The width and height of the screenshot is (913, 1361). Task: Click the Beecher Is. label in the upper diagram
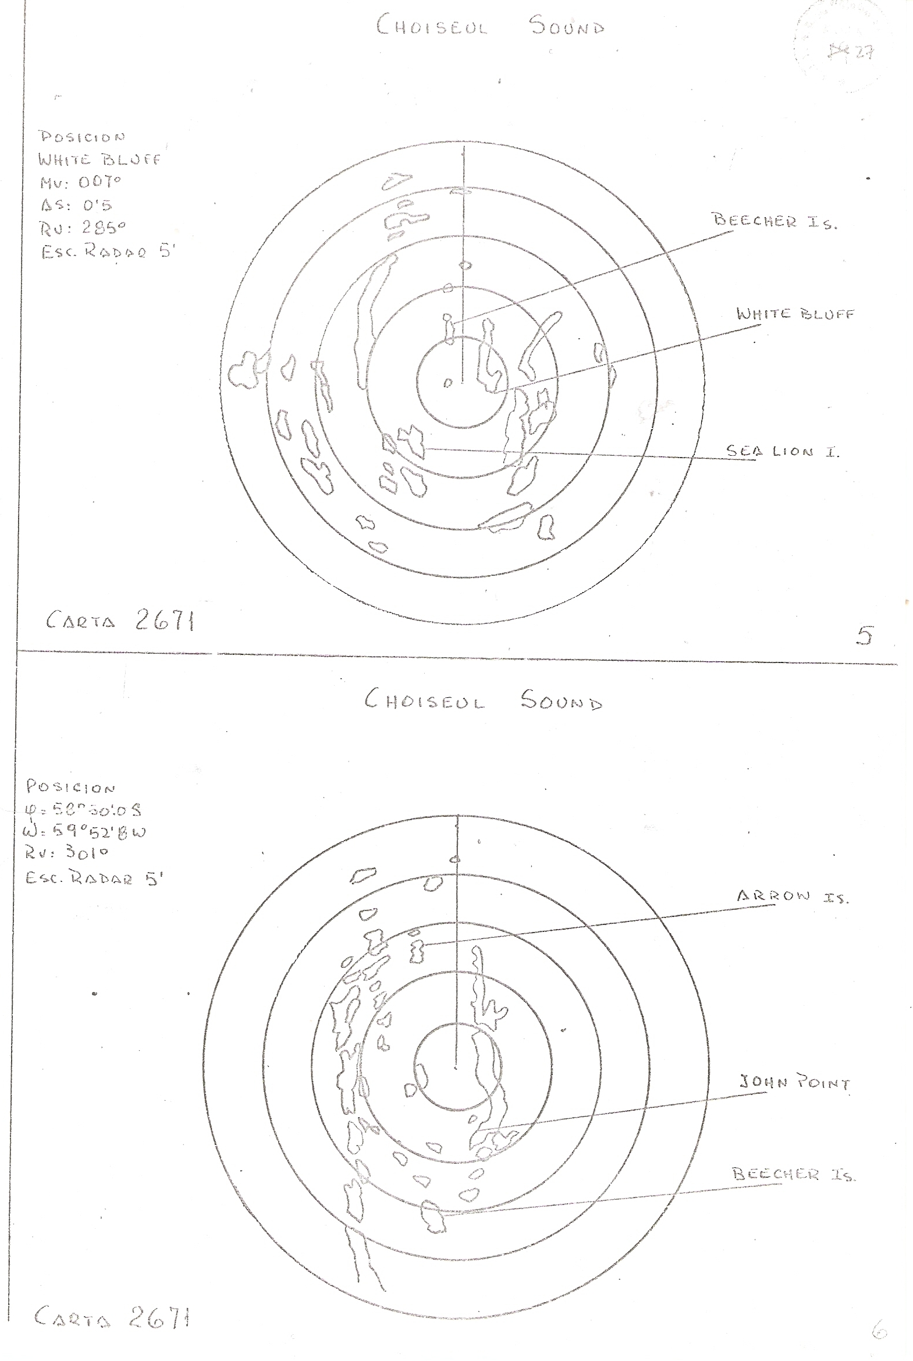pos(775,221)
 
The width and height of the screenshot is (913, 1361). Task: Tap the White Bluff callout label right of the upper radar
pos(795,314)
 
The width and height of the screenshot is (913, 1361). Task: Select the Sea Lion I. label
pos(782,451)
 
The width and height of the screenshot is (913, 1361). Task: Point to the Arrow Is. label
pos(793,896)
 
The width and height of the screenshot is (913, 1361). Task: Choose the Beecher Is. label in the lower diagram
pos(793,1174)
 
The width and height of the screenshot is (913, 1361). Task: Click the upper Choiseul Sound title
pos(490,26)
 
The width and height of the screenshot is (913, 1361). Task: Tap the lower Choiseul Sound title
pos(483,700)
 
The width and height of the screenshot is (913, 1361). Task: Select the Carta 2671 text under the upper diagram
pos(120,621)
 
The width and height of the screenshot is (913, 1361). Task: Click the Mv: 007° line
pos(80,182)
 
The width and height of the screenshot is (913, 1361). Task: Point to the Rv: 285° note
pos(83,228)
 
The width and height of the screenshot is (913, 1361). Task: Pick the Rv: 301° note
pos(66,853)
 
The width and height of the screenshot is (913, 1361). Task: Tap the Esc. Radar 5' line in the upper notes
pos(108,252)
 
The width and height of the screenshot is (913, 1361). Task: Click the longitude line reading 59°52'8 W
pos(84,831)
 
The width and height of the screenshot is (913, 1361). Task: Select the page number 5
pos(865,635)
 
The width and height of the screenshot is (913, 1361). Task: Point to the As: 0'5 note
pos(76,205)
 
